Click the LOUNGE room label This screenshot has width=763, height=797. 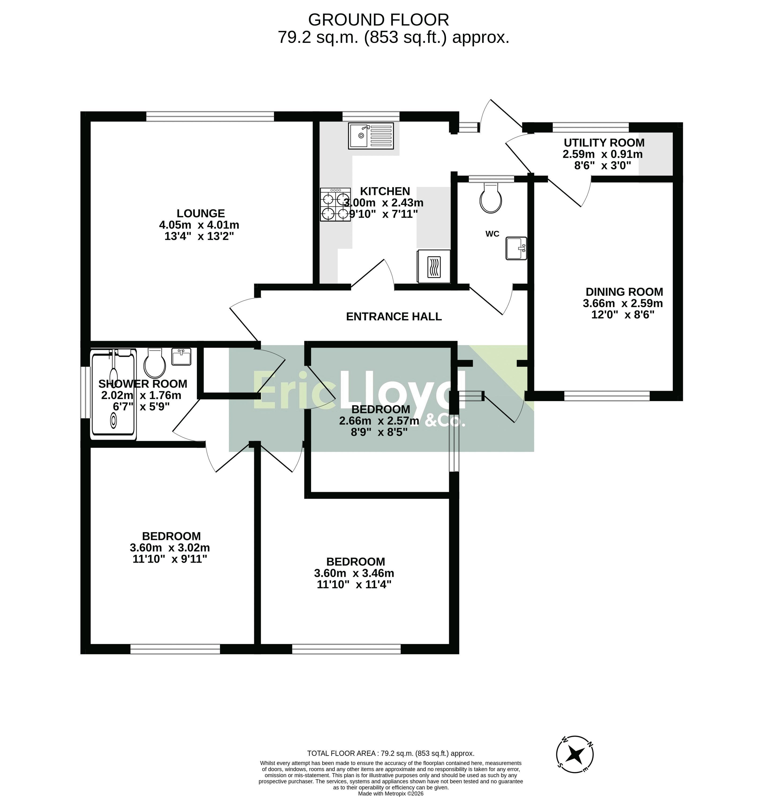(x=201, y=213)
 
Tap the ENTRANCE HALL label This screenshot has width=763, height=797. (x=394, y=317)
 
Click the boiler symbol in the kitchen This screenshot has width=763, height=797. (x=434, y=266)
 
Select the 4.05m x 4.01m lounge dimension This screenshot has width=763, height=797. (x=199, y=225)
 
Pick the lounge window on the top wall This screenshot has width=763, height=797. (x=210, y=117)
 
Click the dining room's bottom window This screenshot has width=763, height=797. (x=607, y=396)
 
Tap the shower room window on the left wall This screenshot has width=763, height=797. (x=86, y=393)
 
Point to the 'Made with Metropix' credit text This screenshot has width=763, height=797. (x=391, y=793)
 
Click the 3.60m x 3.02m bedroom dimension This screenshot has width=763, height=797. (x=170, y=547)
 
